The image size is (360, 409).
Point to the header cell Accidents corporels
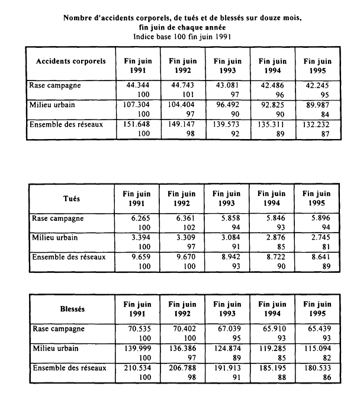(71, 61)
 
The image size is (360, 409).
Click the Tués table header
(71, 199)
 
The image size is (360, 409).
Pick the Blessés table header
(72, 308)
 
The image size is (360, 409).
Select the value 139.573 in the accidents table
(228, 125)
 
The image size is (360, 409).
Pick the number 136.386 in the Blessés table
(183, 348)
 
